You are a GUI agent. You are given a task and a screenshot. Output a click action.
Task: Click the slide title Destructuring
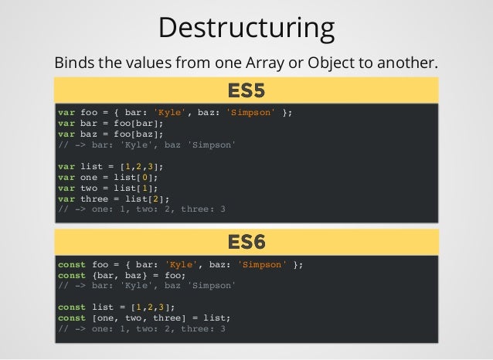[246, 28]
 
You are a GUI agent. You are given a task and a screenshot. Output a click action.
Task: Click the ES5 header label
[246, 90]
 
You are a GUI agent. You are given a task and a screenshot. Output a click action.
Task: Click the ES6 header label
[246, 242]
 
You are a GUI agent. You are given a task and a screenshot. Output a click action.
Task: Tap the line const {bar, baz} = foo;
[122, 275]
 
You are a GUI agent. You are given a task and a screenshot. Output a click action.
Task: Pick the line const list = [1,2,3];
[116, 307]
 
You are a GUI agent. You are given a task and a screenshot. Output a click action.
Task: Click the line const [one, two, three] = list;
[144, 318]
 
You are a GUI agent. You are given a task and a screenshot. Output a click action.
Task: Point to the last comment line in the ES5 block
[142, 209]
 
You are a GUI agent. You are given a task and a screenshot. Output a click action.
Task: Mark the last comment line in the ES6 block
[142, 328]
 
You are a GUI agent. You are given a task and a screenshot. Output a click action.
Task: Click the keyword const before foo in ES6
[72, 264]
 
